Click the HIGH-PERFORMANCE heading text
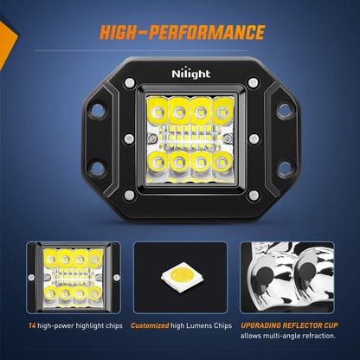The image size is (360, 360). click(182, 33)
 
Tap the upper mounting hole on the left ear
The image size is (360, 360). click(97, 112)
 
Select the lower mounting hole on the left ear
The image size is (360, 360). click(97, 166)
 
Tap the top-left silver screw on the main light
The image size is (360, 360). click(129, 82)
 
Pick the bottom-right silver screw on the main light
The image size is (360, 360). click(253, 196)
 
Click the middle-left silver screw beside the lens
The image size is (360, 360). click(129, 138)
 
